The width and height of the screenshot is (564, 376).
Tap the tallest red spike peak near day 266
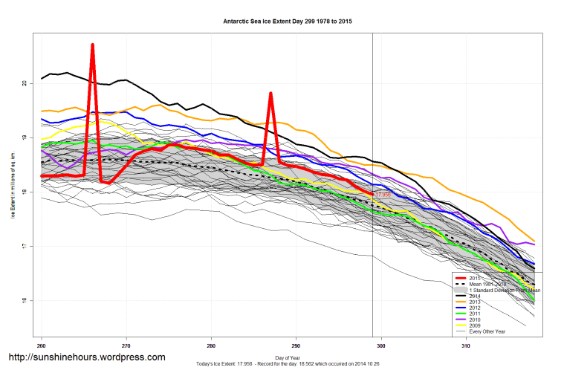click(92, 45)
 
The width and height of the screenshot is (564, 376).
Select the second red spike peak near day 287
click(270, 94)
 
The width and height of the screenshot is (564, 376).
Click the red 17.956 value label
click(383, 194)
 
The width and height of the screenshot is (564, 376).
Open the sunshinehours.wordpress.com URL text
click(86, 357)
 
